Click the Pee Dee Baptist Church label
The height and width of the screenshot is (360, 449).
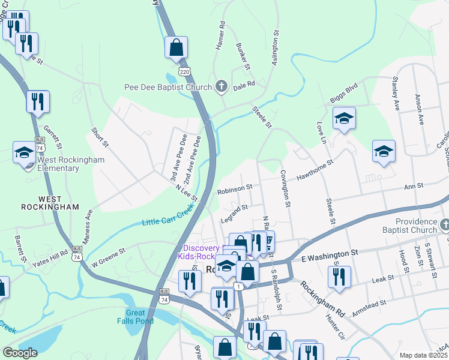point(167,87)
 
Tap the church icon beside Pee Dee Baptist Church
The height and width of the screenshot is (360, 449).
point(221,87)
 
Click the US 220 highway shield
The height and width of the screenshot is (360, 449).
point(185,72)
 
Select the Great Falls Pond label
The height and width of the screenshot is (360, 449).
point(136,317)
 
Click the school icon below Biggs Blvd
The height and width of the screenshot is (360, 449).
point(344,118)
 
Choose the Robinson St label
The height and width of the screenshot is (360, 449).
point(235,188)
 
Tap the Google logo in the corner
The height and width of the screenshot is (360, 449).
point(20,353)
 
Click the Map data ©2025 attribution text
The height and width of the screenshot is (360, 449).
point(424,355)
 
